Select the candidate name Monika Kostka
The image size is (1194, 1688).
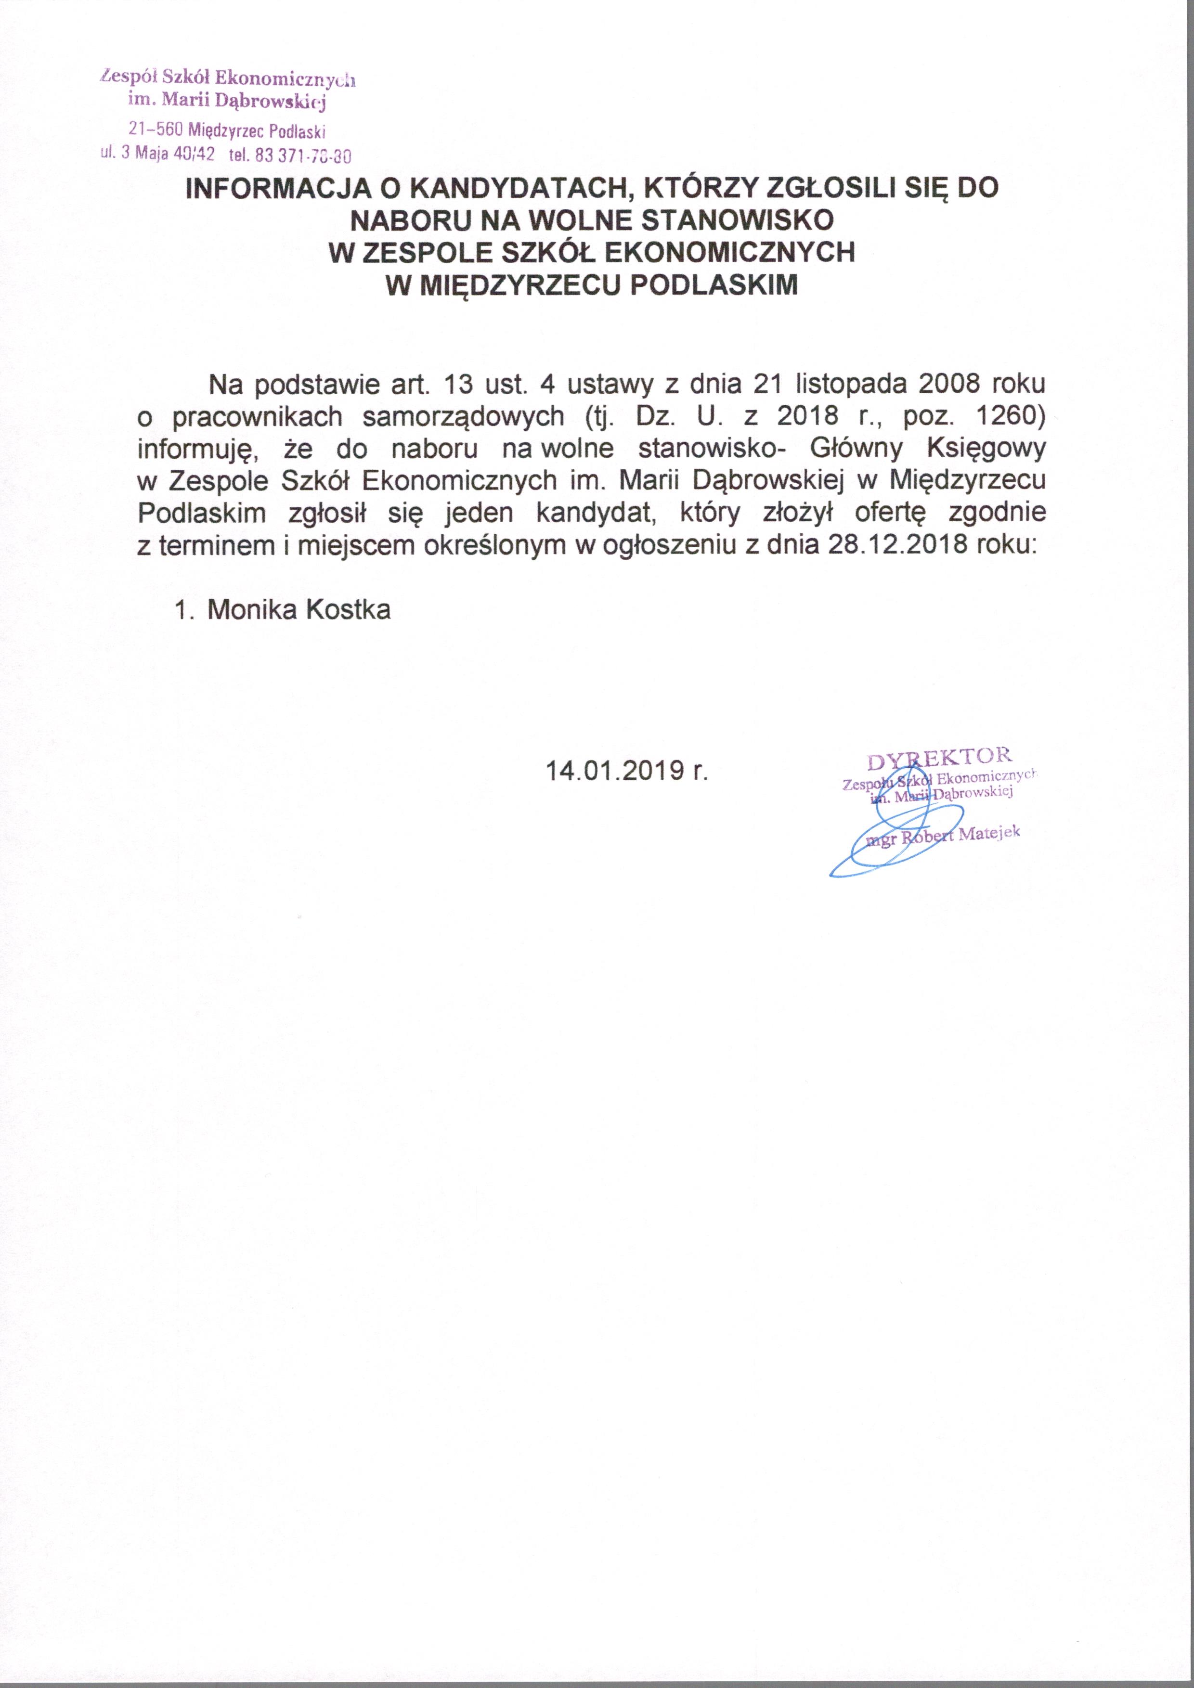click(298, 609)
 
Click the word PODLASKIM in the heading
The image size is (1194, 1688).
click(714, 284)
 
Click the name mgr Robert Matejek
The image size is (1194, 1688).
click(944, 836)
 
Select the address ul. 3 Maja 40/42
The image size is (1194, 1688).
click(157, 155)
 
